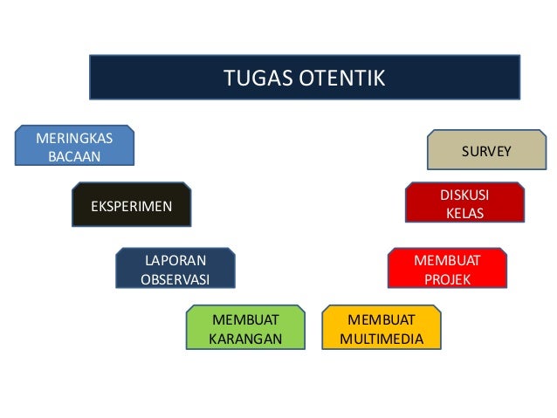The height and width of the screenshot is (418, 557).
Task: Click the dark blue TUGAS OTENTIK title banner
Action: (305, 78)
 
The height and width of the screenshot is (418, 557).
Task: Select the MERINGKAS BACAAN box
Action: (74, 147)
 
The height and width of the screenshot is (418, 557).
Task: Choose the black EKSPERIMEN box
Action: (132, 205)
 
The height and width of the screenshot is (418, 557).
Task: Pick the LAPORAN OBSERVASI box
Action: (175, 270)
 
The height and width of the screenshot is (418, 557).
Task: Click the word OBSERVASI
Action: (175, 280)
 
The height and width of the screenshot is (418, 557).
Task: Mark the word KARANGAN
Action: (245, 339)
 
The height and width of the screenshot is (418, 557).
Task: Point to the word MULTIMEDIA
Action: (382, 339)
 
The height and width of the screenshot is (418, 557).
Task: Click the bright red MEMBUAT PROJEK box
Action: (447, 270)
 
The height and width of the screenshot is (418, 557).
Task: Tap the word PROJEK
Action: (447, 280)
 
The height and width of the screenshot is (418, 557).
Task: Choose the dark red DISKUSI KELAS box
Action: (464, 204)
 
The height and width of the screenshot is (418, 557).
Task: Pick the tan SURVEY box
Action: (485, 151)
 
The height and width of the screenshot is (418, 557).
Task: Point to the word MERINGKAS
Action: (74, 138)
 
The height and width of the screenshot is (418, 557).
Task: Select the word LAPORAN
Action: (175, 260)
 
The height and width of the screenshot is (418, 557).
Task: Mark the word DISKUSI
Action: (464, 195)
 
